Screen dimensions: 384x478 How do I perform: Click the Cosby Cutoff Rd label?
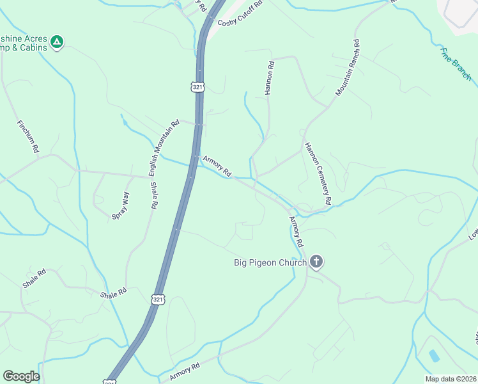[x=240, y=13]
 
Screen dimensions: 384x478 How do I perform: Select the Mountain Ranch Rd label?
[x=348, y=68]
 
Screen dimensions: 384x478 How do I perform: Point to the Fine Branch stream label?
[x=456, y=63]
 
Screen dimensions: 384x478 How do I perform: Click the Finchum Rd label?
[x=29, y=136]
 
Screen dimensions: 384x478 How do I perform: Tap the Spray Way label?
[x=120, y=205]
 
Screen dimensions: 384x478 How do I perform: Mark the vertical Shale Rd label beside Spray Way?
[x=153, y=196]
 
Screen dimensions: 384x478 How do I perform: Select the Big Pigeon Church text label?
[x=270, y=262]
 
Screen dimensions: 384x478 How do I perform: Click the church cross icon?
[x=316, y=261]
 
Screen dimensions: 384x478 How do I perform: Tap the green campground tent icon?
[x=57, y=42]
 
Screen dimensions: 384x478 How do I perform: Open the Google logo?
[x=21, y=376]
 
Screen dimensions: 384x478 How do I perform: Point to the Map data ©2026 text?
[x=451, y=379]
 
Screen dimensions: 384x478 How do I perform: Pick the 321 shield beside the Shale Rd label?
[x=159, y=299]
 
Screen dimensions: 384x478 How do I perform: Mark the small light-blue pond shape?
[x=435, y=355]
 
